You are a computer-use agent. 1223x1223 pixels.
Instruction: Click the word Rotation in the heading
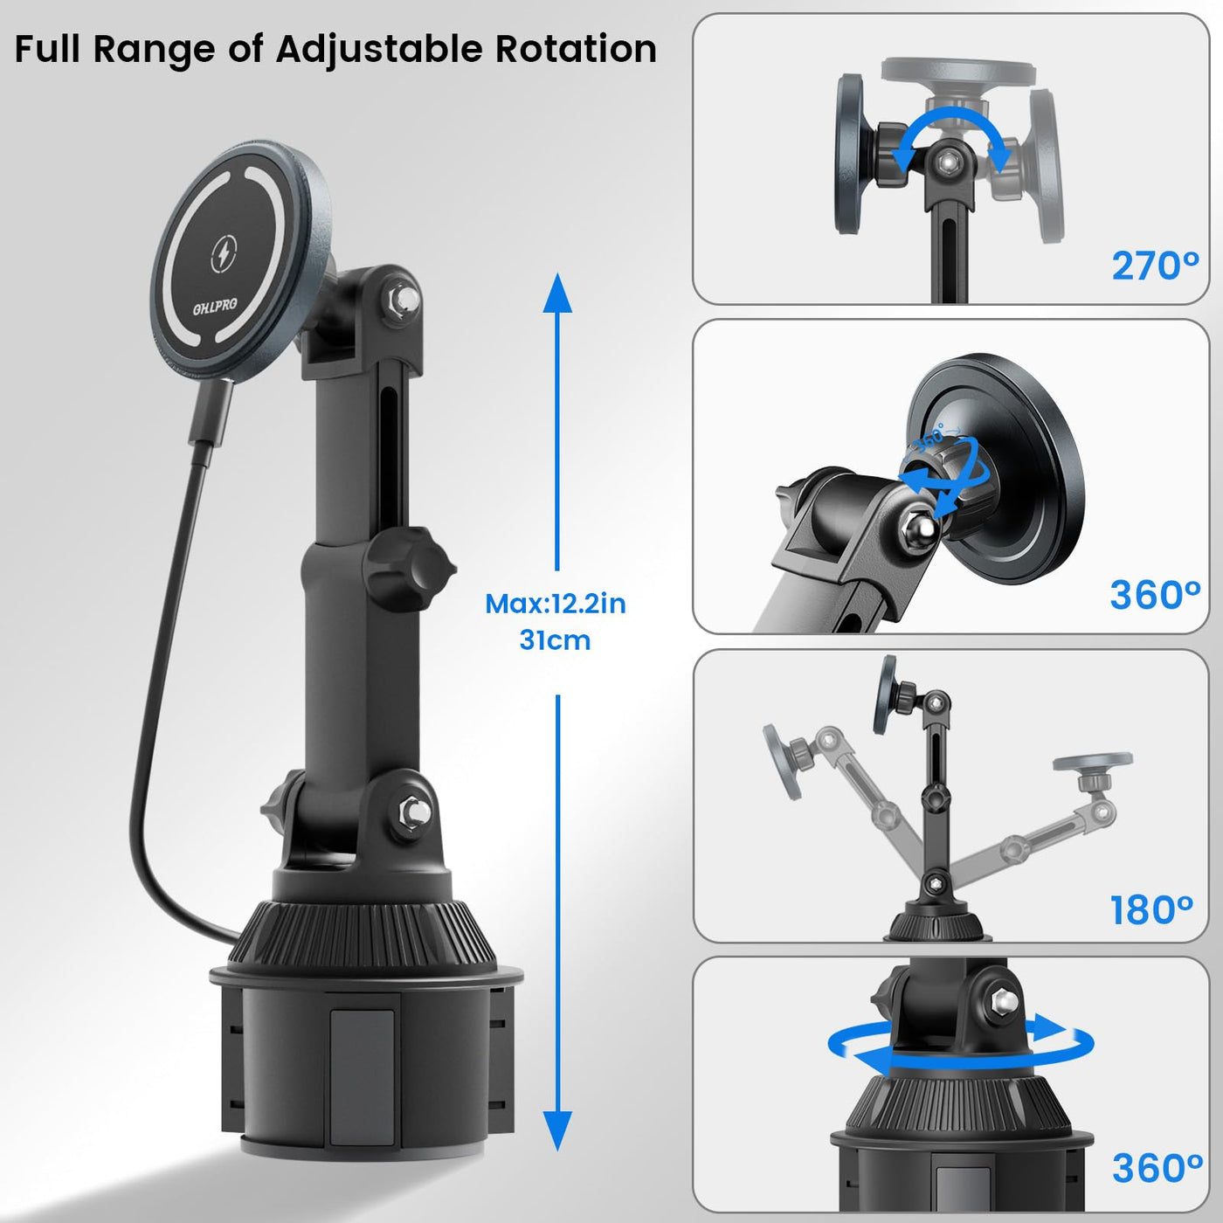[x=576, y=49]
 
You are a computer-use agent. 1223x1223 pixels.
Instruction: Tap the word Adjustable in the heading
[x=379, y=51]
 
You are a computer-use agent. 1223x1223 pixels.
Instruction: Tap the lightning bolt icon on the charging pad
[x=224, y=254]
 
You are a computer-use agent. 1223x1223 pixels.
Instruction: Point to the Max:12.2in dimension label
[x=556, y=604]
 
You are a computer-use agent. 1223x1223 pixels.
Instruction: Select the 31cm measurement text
[x=555, y=639]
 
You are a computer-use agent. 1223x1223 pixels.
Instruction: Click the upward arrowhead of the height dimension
[x=557, y=294]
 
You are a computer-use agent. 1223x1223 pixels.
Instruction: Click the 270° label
[x=1155, y=266]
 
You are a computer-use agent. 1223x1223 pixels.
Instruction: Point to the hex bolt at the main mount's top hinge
[x=401, y=298]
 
